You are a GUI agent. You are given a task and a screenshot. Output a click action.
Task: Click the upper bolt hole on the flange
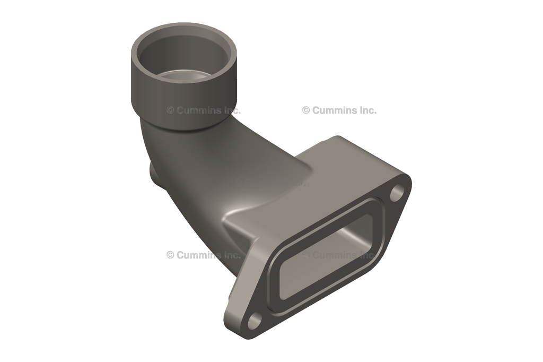click(397, 193)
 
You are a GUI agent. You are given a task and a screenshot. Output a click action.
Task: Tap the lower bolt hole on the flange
click(256, 320)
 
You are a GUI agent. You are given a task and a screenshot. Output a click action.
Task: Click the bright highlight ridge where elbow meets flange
click(233, 215)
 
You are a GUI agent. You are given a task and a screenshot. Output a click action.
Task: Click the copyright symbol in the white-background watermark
click(306, 110)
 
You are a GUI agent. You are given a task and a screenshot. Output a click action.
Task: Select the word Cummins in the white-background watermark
click(332, 110)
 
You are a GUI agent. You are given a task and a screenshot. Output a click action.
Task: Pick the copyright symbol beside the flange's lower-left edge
click(170, 255)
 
